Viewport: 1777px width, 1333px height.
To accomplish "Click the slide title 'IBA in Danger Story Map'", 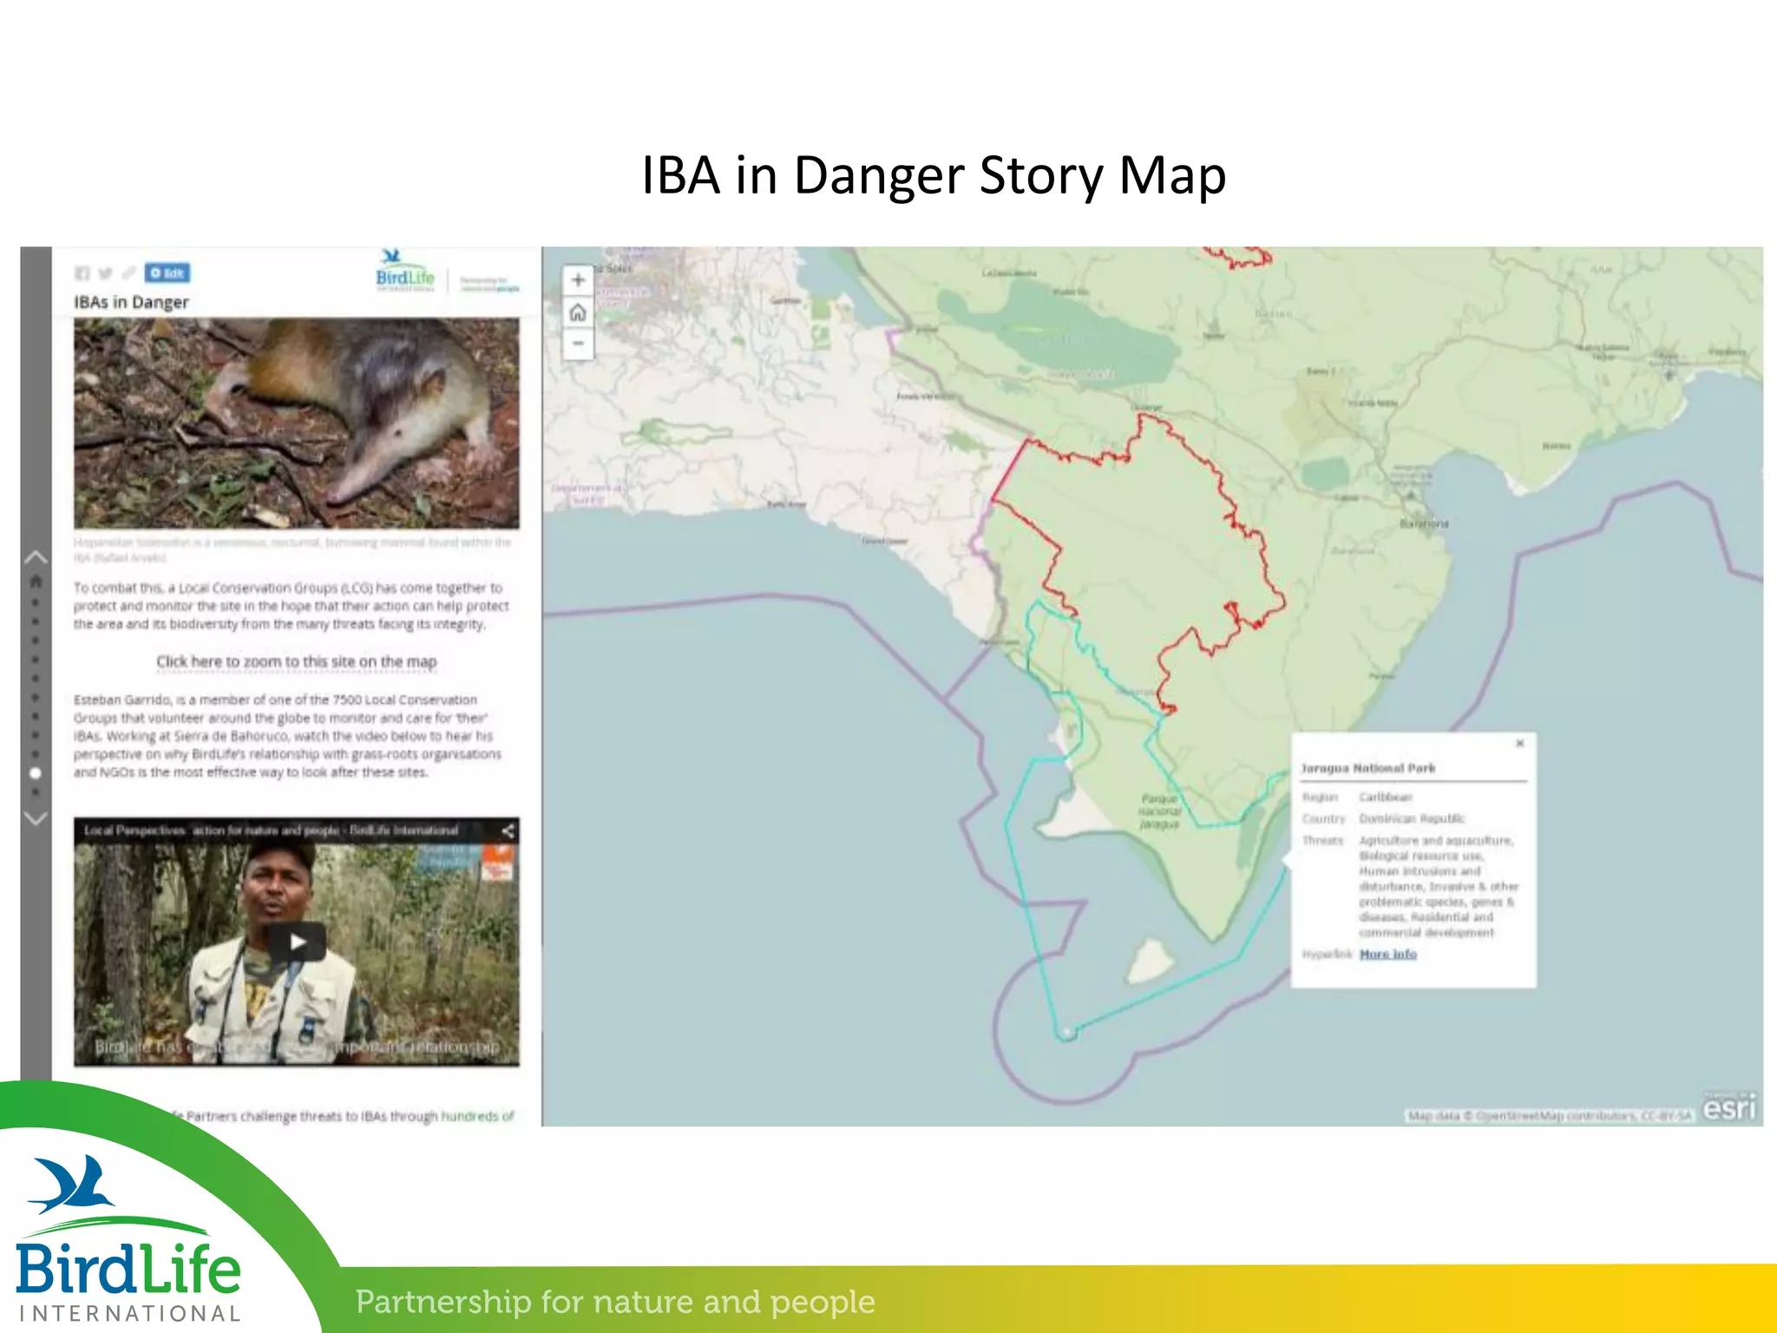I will (x=934, y=176).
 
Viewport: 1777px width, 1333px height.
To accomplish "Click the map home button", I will (x=578, y=312).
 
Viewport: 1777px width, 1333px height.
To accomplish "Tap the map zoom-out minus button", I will (x=578, y=344).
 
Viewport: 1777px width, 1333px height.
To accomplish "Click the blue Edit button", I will (x=167, y=273).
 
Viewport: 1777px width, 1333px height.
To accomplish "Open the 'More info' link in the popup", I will (x=1387, y=954).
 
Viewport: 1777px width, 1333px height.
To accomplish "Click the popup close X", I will (x=1519, y=744).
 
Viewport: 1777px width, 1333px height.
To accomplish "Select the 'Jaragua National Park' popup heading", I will (x=1367, y=768).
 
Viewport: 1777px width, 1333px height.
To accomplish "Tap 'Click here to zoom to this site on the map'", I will (x=297, y=661).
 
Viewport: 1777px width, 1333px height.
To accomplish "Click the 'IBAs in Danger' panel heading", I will (x=131, y=302).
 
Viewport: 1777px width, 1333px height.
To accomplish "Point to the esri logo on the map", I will (x=1729, y=1107).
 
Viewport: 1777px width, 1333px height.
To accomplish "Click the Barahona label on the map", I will (x=1424, y=524).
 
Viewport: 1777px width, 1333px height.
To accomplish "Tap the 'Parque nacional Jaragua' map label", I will (x=1159, y=811).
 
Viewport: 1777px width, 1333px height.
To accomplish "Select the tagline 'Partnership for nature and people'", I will (x=615, y=1302).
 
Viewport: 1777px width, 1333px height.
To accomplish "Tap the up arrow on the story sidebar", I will (x=36, y=557).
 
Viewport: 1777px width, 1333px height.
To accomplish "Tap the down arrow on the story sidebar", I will (x=36, y=818).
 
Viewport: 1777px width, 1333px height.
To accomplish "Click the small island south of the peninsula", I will (x=1151, y=959).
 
